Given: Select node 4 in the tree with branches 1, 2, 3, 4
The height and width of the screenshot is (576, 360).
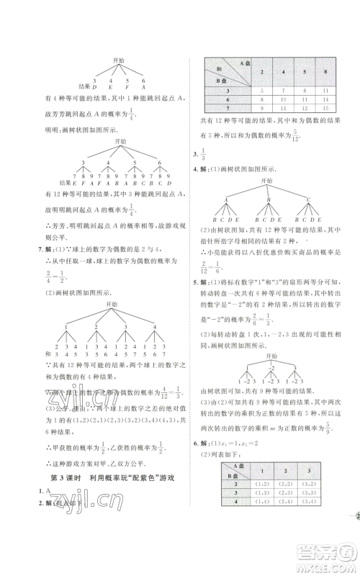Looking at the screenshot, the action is (154, 327).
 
